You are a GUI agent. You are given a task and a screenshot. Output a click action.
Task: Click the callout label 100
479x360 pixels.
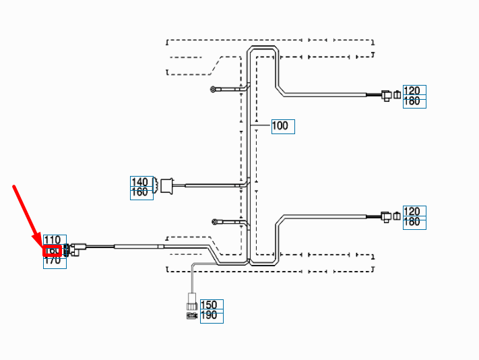tap(283, 126)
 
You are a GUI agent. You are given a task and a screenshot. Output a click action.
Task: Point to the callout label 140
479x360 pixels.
tap(141, 182)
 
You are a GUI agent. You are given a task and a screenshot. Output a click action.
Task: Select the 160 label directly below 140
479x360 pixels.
tap(141, 193)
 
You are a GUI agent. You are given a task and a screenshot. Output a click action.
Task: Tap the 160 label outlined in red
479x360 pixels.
tap(53, 251)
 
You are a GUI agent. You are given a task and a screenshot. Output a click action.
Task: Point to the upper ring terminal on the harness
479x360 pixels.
tap(214, 88)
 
